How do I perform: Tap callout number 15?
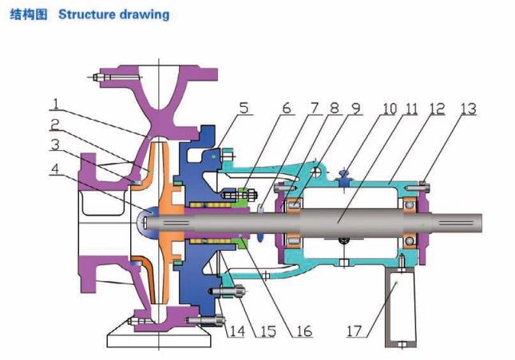[267, 329]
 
